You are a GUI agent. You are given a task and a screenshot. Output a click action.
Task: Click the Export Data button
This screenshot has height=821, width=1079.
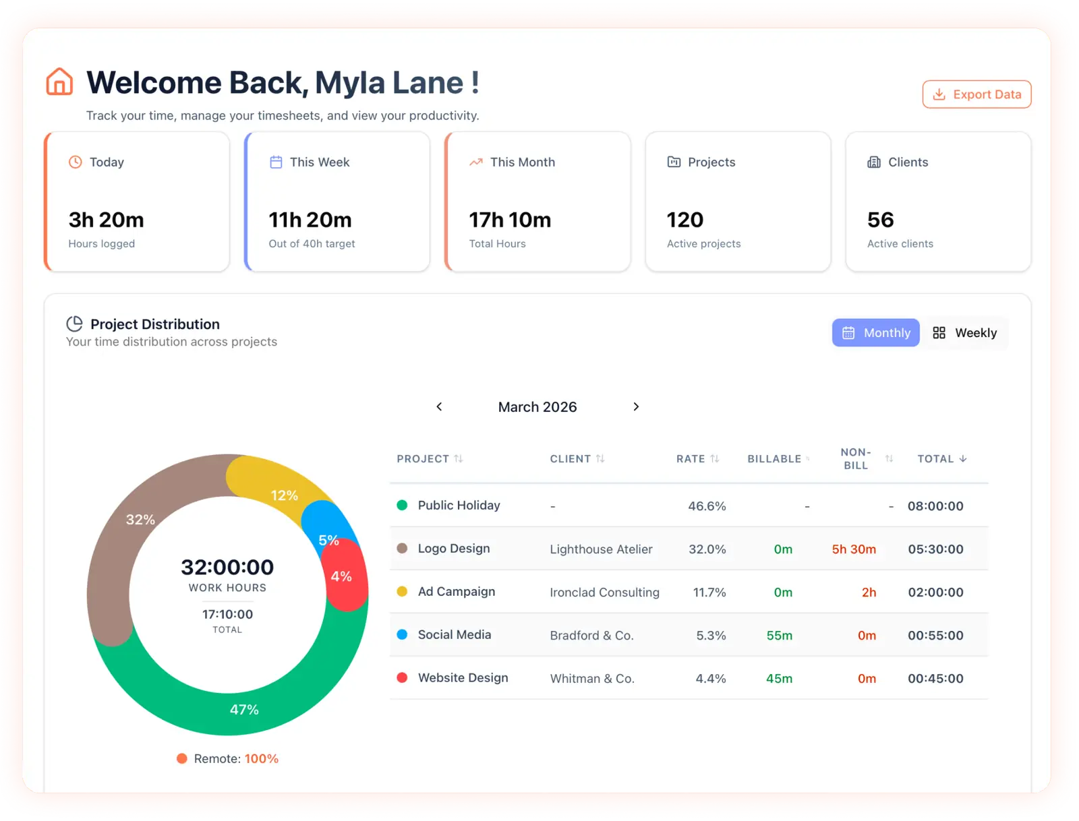976,94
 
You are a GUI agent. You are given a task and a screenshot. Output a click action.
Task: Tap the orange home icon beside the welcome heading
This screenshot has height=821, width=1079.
59,82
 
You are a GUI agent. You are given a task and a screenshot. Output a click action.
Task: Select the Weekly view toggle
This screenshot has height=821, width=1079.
964,333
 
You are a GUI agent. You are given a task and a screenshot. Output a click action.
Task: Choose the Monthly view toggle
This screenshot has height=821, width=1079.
875,333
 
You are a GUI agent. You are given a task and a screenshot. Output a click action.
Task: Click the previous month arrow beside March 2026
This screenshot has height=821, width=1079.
439,406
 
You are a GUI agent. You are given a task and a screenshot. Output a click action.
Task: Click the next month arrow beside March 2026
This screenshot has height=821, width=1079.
636,406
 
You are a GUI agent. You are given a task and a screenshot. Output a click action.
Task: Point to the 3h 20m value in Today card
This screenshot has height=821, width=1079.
106,220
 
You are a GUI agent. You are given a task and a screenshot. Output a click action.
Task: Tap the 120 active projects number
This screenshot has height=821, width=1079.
684,220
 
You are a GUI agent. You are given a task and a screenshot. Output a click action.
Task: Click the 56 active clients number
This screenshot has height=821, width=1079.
880,220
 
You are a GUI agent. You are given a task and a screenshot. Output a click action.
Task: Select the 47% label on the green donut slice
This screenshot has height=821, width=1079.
244,709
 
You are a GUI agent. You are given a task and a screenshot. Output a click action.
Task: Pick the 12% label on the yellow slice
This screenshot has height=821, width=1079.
284,495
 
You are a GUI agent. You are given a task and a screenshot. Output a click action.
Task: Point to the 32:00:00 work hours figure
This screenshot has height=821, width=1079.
227,567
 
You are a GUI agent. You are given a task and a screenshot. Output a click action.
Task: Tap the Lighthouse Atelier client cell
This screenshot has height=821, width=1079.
601,549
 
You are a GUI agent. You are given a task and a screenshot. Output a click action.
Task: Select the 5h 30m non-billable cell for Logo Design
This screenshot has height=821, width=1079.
854,549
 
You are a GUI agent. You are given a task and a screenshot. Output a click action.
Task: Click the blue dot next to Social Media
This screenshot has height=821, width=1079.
402,634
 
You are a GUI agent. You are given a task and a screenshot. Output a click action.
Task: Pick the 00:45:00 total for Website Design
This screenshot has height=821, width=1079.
935,679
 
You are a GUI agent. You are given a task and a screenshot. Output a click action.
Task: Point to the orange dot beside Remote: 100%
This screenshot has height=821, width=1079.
181,758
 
